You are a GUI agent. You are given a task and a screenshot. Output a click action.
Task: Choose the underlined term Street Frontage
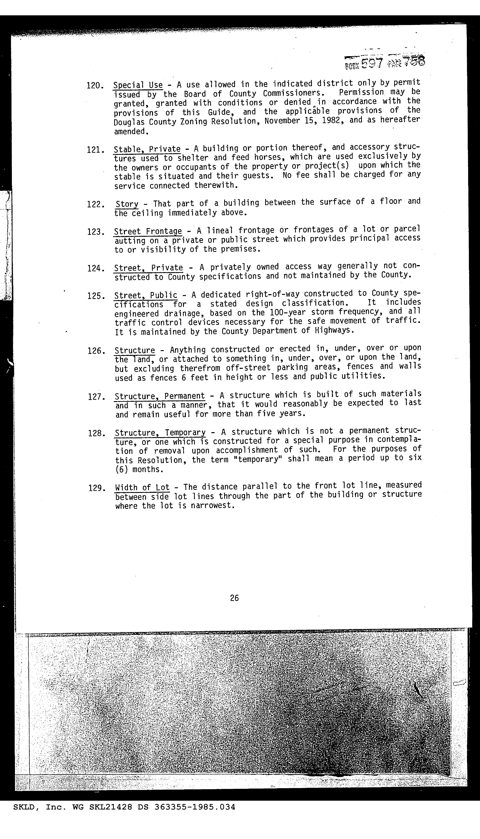coord(148,232)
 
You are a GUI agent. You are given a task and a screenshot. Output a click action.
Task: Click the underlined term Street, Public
coord(145,295)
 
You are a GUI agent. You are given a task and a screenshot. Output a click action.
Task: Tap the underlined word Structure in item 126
coord(134,350)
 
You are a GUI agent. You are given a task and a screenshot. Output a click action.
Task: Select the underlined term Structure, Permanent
coord(160,396)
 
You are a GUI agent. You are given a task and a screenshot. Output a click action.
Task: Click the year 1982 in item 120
coord(332,121)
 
